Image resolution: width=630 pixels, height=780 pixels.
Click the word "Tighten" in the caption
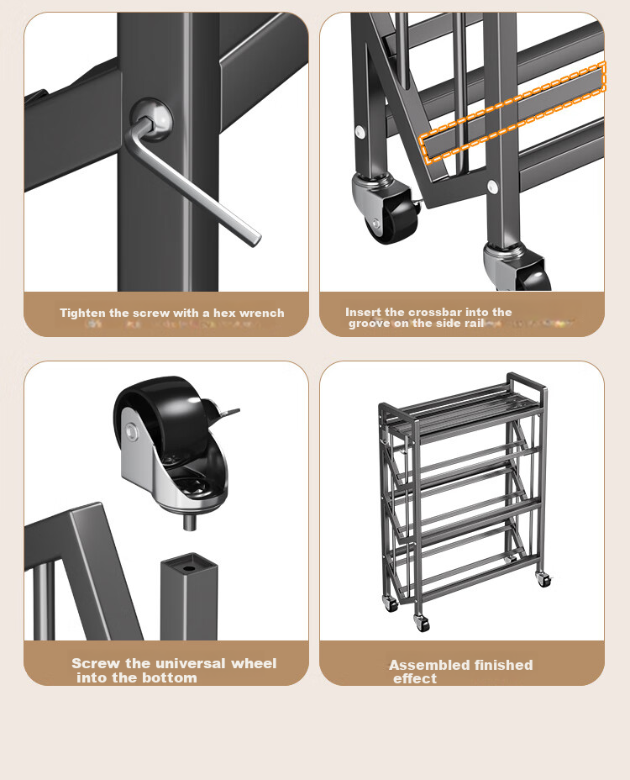coord(82,313)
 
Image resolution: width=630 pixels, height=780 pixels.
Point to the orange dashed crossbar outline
coord(512,112)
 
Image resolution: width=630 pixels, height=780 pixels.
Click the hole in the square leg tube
coord(188,567)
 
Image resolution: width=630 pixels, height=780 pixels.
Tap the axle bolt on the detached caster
coord(132,431)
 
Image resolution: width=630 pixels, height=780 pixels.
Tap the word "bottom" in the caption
coord(172,678)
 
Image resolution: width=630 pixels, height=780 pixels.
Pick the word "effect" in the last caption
coord(415,679)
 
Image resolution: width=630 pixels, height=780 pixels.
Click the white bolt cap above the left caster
coord(360,132)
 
